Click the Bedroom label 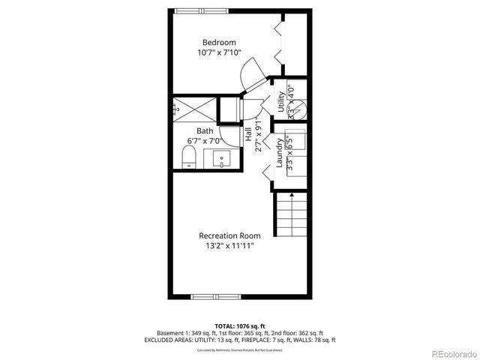(x=219, y=42)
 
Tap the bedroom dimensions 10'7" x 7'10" (x=219, y=53)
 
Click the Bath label (x=205, y=130)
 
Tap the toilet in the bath (x=190, y=157)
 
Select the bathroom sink (x=221, y=159)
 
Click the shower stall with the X (x=193, y=109)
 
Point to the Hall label (x=248, y=135)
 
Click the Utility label (x=280, y=101)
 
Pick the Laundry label (x=278, y=154)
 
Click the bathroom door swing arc (x=233, y=135)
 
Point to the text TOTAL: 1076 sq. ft (x=239, y=325)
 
